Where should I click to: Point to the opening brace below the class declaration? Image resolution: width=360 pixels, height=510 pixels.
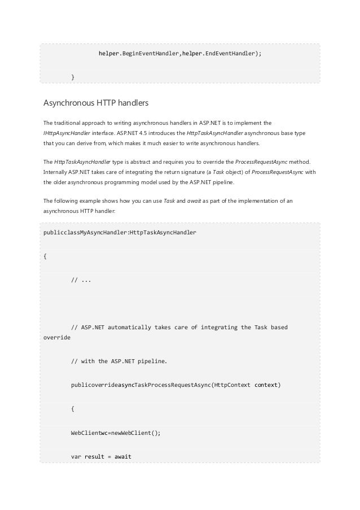pyautogui.click(x=45, y=255)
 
